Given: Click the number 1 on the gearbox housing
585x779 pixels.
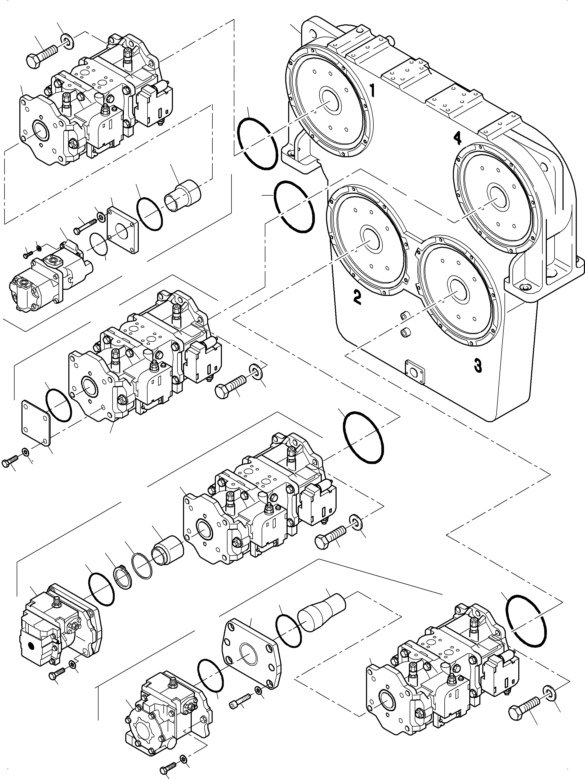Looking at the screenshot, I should [372, 91].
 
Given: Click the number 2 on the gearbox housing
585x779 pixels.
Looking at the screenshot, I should [357, 297].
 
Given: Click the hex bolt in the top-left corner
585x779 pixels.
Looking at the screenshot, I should [41, 56].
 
